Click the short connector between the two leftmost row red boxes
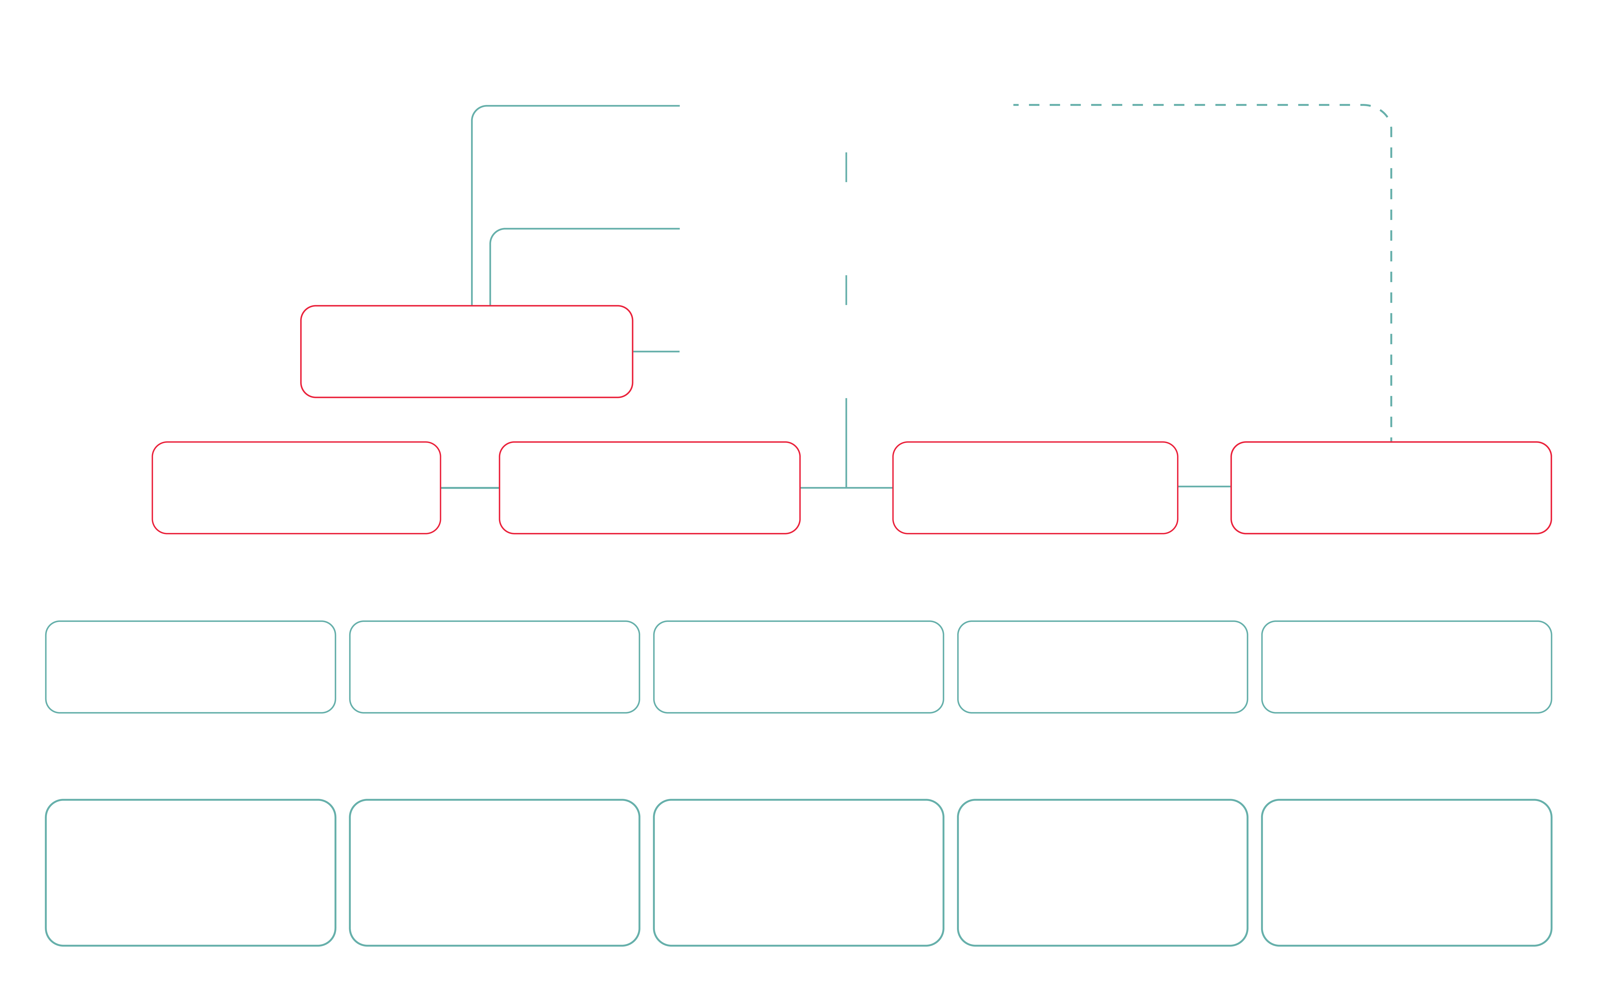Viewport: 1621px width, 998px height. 469,488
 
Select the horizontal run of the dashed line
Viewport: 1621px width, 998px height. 1188,105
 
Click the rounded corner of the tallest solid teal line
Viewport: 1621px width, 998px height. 476,110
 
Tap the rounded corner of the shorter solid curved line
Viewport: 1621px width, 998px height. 494,233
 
